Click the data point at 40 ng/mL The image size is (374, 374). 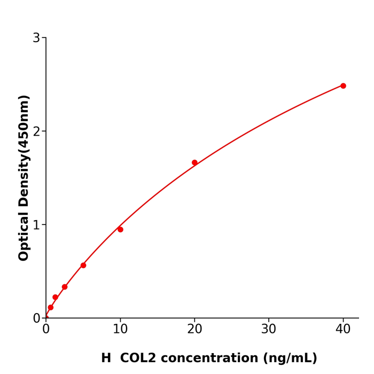pyautogui.click(x=343, y=85)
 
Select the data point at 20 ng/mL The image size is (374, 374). pyautogui.click(x=194, y=162)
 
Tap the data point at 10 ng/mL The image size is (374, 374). pyautogui.click(x=120, y=229)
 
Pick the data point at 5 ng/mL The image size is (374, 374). pyautogui.click(x=83, y=265)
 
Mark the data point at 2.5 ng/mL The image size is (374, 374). pyautogui.click(x=65, y=287)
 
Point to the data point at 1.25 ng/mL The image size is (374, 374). pyautogui.click(x=55, y=297)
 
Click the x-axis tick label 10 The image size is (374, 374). pyautogui.click(x=120, y=330)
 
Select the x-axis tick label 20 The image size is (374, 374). pyautogui.click(x=194, y=330)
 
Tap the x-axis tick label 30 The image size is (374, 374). pyautogui.click(x=269, y=330)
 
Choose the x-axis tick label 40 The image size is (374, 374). pyautogui.click(x=343, y=330)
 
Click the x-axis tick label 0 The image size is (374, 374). pyautogui.click(x=46, y=330)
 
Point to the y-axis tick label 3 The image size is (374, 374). pyautogui.click(x=36, y=38)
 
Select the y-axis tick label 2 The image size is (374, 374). pyautogui.click(x=36, y=131)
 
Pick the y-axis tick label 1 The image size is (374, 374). pyautogui.click(x=36, y=225)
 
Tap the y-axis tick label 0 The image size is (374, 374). pyautogui.click(x=36, y=318)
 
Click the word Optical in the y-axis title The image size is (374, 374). pyautogui.click(x=24, y=235)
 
